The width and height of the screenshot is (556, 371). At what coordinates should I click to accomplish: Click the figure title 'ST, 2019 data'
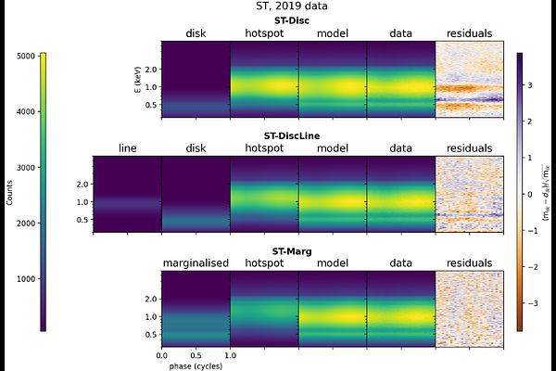(x=278, y=8)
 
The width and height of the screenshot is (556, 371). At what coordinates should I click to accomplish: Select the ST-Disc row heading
(x=299, y=20)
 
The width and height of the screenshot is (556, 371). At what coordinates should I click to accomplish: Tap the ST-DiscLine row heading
(x=298, y=135)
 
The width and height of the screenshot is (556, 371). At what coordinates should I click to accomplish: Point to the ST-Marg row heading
(x=298, y=250)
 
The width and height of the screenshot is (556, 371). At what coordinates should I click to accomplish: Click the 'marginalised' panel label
(x=196, y=263)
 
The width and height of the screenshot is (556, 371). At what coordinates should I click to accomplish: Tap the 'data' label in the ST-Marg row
(x=401, y=263)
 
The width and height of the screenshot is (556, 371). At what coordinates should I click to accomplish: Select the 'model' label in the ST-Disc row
(x=332, y=33)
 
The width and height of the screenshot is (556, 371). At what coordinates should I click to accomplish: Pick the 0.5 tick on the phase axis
(x=196, y=354)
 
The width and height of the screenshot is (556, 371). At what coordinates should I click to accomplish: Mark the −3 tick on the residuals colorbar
(x=535, y=303)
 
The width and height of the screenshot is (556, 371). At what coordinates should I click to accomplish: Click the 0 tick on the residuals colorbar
(x=535, y=194)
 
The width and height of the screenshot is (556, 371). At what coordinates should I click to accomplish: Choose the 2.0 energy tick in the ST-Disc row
(x=148, y=70)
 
